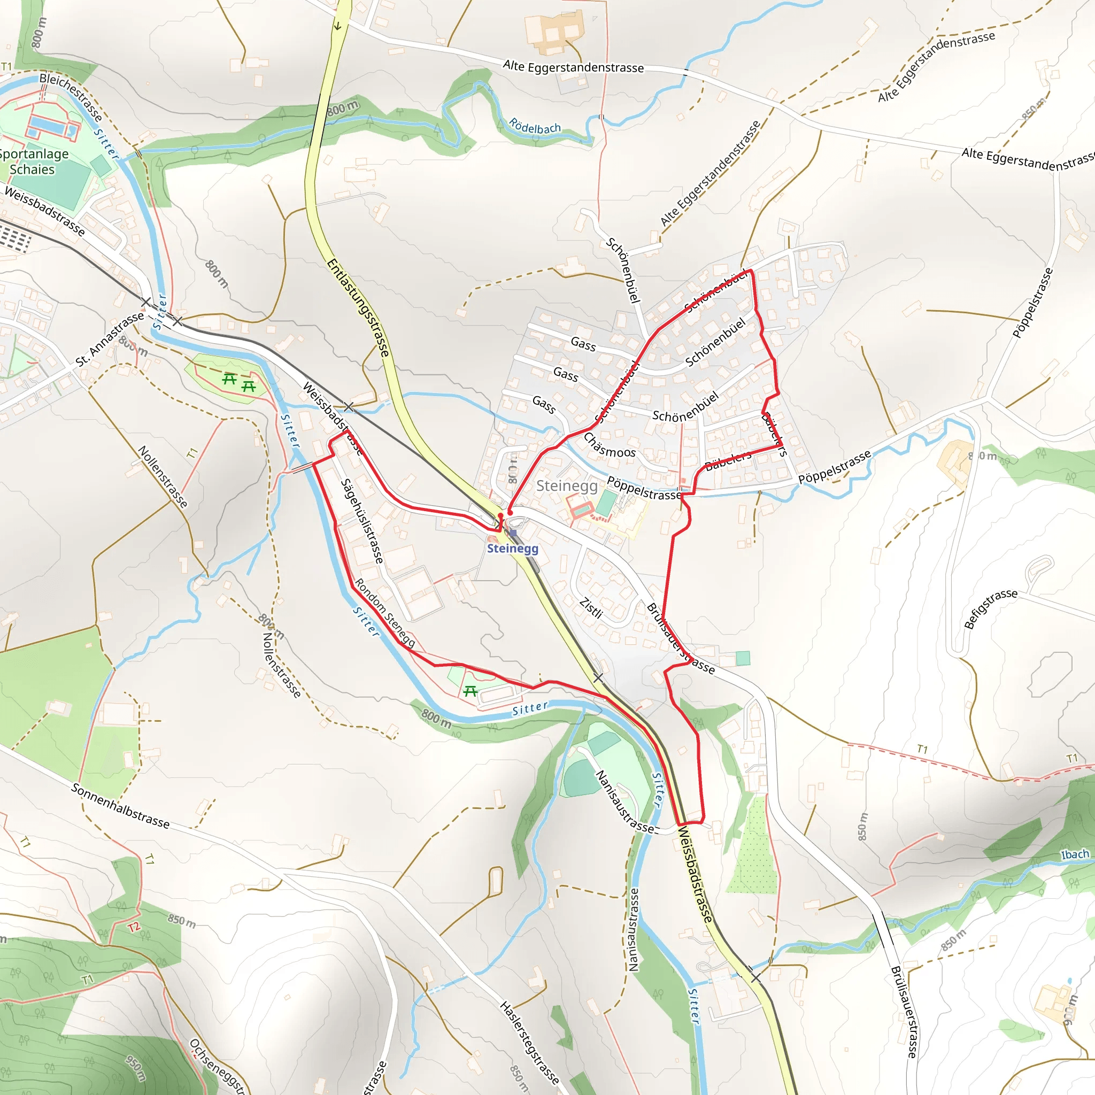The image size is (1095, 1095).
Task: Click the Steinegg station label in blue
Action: [x=512, y=548]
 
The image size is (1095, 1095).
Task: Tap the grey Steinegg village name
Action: [x=566, y=485]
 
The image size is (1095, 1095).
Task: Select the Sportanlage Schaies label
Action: [x=33, y=161]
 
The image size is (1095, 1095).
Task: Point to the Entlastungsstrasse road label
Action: [x=359, y=308]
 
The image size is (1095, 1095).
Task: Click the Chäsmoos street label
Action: [x=610, y=445]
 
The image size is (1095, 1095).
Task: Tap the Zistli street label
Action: [x=591, y=607]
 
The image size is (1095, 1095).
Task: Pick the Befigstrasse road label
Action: [x=990, y=608]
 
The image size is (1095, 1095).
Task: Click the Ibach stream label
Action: [x=1075, y=854]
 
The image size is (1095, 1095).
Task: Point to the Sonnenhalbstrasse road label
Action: [x=120, y=805]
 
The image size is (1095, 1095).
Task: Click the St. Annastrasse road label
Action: [x=110, y=338]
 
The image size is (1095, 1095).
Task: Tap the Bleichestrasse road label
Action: [x=72, y=97]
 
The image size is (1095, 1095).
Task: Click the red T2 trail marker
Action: [x=134, y=927]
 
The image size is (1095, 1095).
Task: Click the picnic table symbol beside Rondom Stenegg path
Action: [x=470, y=691]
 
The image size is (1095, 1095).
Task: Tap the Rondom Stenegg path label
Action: [x=385, y=613]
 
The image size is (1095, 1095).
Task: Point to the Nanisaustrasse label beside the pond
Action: [x=624, y=801]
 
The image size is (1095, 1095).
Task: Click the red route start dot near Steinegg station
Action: [x=510, y=512]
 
